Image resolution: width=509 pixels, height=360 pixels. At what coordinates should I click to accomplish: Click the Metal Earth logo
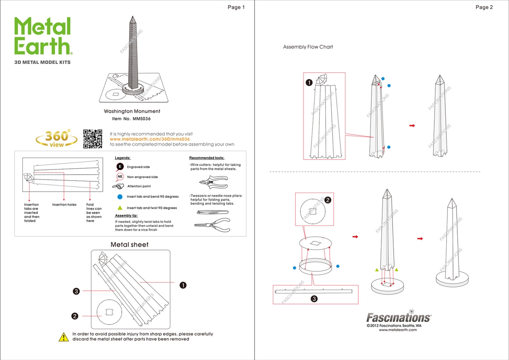[x=43, y=37]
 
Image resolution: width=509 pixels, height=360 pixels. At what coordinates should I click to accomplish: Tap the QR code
[x=93, y=138]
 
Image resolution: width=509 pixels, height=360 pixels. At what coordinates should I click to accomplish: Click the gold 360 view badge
[x=57, y=138]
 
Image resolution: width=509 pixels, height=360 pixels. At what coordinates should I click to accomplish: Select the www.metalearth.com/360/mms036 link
[x=150, y=139]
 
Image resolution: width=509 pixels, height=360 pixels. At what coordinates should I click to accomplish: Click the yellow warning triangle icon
[x=64, y=337]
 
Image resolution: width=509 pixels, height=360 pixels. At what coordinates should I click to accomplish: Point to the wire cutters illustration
[x=213, y=182]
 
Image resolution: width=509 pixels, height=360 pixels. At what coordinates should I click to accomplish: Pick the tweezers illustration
[x=212, y=212]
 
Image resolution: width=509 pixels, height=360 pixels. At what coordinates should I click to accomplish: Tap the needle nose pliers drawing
[x=212, y=224]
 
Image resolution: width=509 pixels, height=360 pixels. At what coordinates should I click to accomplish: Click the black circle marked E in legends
[x=120, y=167]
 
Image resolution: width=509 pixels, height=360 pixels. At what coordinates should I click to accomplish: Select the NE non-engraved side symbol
[x=120, y=177]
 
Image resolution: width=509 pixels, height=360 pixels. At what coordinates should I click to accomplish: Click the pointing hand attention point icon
[x=119, y=186]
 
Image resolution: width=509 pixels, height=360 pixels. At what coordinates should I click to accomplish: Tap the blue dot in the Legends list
[x=120, y=197]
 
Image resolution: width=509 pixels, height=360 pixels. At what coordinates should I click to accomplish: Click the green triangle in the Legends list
[x=120, y=208]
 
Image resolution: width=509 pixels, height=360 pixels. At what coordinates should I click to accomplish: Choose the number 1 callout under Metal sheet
[x=183, y=285]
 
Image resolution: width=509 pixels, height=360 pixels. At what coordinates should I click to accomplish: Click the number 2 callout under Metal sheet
[x=75, y=316]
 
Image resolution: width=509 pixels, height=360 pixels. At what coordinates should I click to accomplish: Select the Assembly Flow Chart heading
[x=308, y=47]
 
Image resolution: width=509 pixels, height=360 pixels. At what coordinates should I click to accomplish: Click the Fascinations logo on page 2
[x=398, y=317]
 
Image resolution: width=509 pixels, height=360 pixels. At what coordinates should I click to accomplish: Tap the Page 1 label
[x=236, y=7]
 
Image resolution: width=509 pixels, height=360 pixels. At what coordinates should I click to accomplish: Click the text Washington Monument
[x=132, y=111]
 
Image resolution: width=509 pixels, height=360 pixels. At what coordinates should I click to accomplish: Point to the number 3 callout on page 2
[x=314, y=299]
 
